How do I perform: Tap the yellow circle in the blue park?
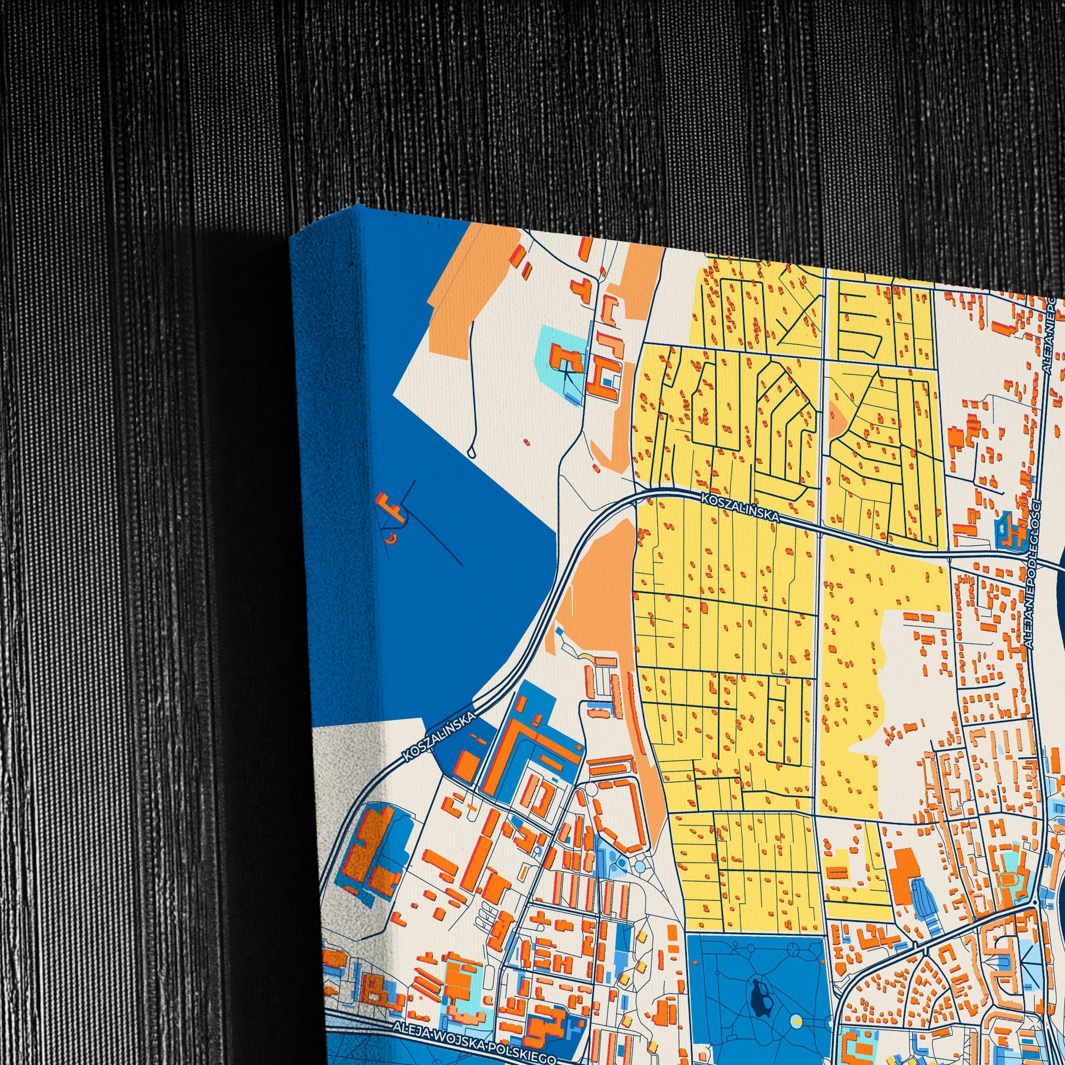pos(795,1006)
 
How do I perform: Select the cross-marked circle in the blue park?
pos(794,933)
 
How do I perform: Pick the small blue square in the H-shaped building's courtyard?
pos(607,381)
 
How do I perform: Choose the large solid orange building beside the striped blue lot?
pos(906,869)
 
